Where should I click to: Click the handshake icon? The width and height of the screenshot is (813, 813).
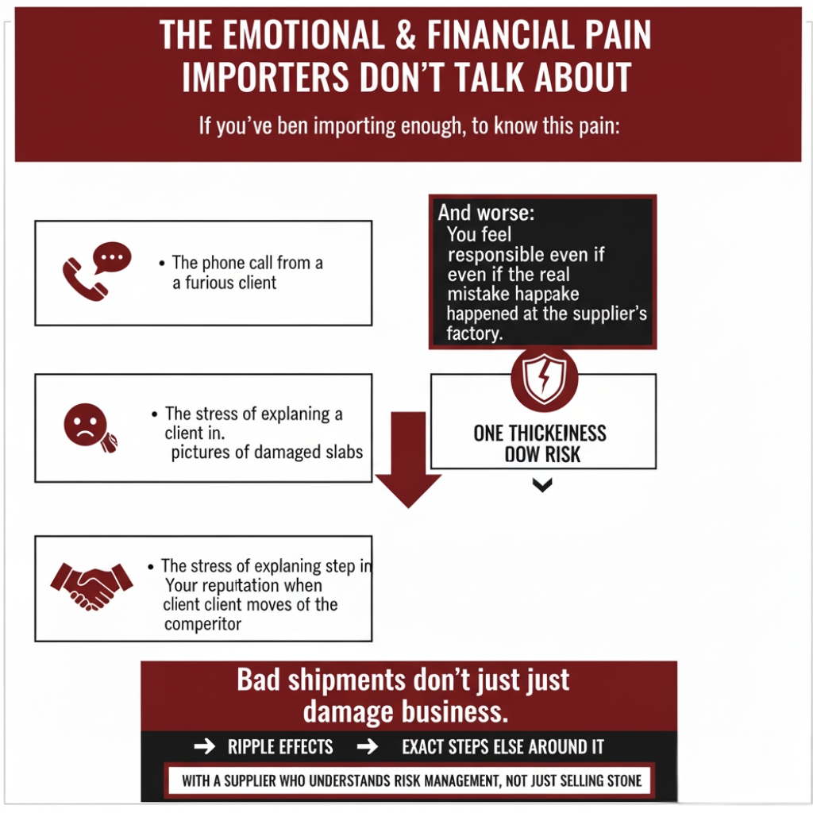click(91, 585)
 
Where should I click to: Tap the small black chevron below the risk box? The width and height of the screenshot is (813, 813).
click(542, 485)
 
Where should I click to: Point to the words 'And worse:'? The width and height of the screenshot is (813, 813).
click(486, 213)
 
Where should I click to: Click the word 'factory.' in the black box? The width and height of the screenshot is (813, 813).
click(475, 333)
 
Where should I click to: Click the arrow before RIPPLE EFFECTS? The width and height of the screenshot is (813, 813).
click(204, 747)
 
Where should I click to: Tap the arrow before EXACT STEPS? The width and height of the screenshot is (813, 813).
click(367, 747)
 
